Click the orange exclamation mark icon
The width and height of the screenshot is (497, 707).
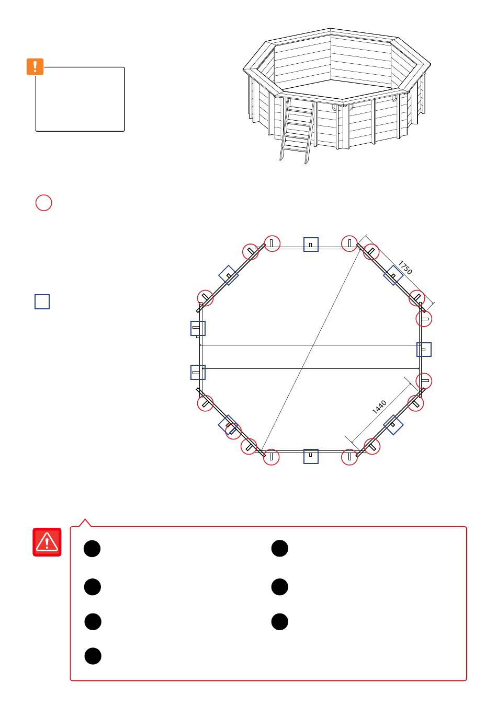[x=35, y=66]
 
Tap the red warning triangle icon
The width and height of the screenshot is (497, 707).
[x=47, y=542]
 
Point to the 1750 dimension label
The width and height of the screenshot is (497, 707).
[x=405, y=268]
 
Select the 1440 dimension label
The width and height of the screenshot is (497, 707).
[x=379, y=407]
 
